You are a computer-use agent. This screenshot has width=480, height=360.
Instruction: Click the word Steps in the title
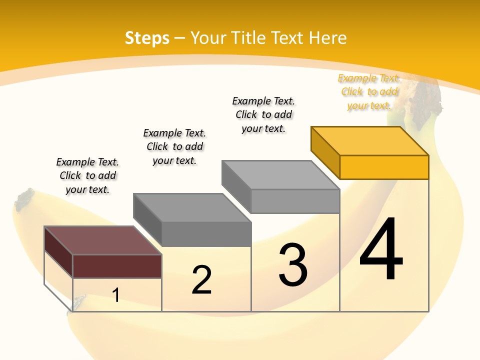pyautogui.click(x=147, y=38)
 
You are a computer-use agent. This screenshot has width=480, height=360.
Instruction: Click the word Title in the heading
pyautogui.click(x=287, y=38)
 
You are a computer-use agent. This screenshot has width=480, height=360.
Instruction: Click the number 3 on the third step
pyautogui.click(x=293, y=264)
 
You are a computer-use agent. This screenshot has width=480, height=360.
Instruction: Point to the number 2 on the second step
pyautogui.click(x=202, y=279)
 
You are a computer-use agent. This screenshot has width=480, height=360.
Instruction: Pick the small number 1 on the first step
pyautogui.click(x=116, y=295)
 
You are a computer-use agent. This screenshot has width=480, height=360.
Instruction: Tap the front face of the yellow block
pyautogui.click(x=384, y=167)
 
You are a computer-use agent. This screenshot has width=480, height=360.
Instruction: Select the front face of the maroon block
pyautogui.click(x=117, y=266)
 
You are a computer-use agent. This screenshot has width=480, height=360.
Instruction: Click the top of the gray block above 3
pyautogui.click(x=280, y=175)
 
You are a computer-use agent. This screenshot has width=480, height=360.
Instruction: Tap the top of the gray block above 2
pyautogui.click(x=192, y=207)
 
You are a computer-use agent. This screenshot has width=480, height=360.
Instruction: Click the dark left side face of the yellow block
pyautogui.click(x=325, y=152)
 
